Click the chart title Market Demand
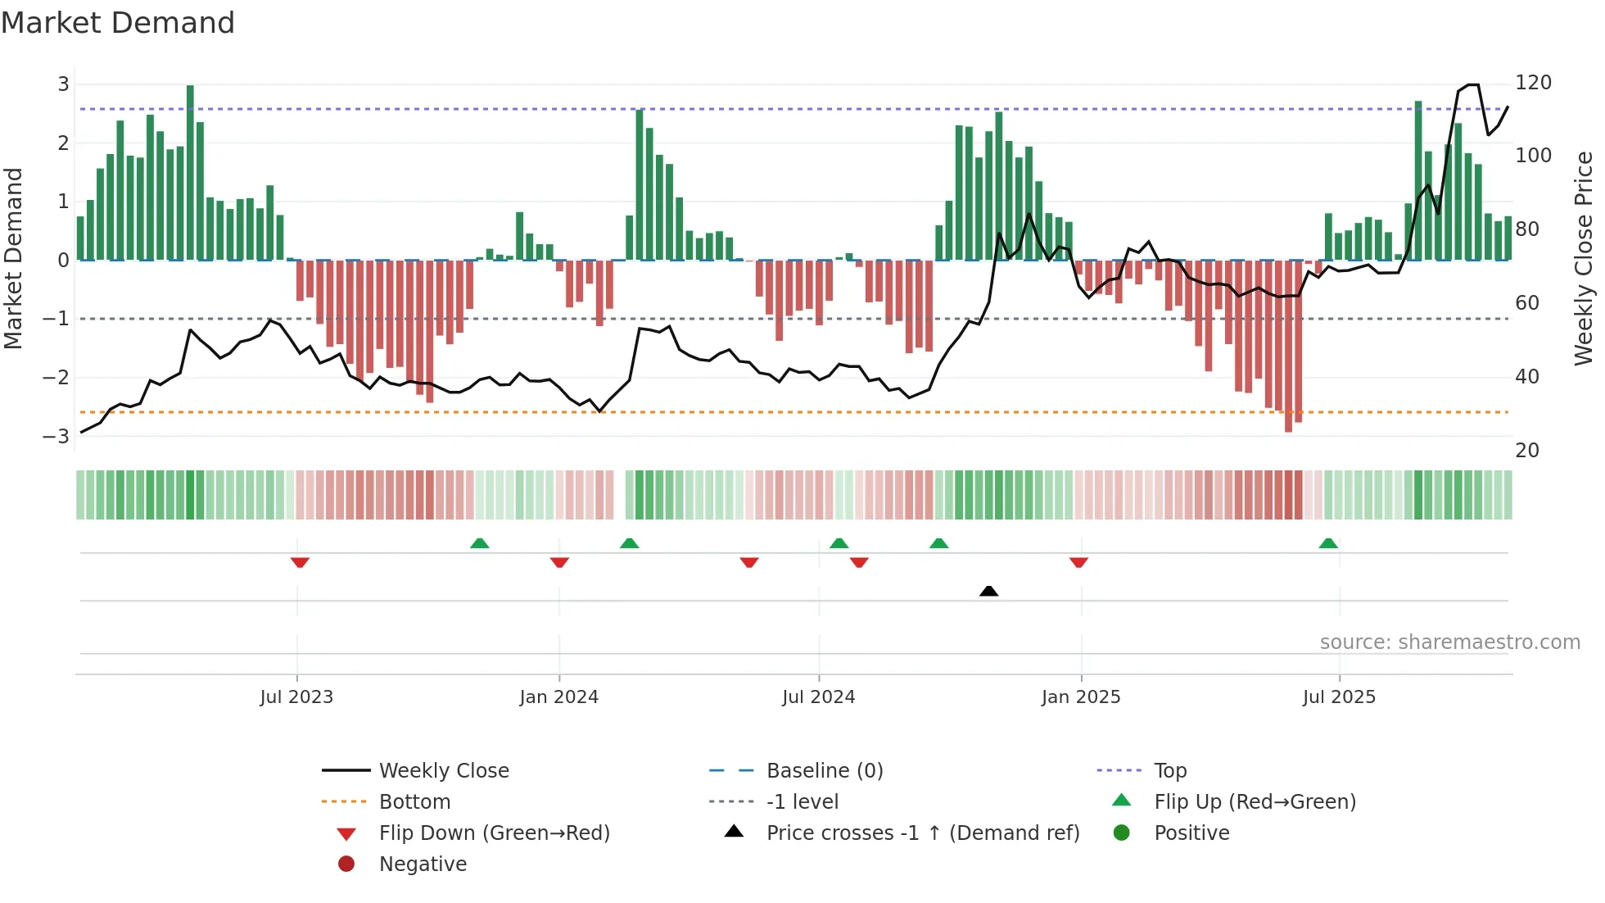118,23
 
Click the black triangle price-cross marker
988,591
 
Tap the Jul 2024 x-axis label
818,697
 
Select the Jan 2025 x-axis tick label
1080,697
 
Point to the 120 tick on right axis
1533,83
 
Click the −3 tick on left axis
57,436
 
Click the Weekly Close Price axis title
1584,258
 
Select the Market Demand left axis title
13,258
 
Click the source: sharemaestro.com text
1449,642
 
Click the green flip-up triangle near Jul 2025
1328,543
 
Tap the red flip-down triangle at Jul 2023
300,562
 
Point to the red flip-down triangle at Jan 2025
1078,562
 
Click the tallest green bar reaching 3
190,172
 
